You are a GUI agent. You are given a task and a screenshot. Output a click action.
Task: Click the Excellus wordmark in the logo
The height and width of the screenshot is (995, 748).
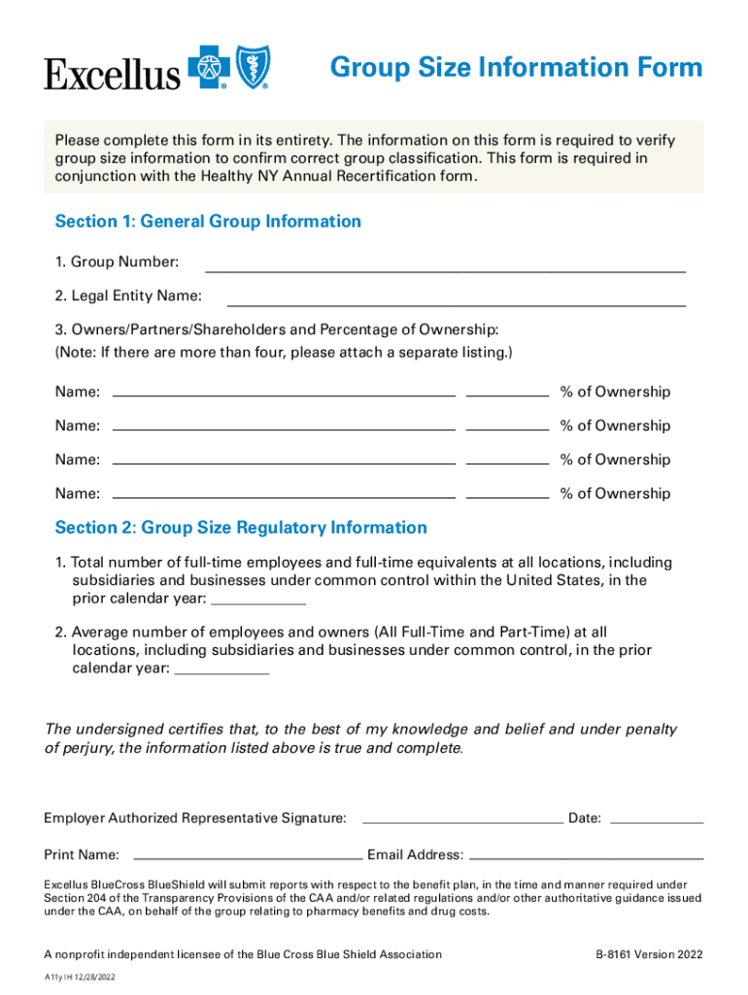112,74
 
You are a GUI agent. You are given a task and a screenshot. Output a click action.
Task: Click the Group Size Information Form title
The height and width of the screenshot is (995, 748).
516,67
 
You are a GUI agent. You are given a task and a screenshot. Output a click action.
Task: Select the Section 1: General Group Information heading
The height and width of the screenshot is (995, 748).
208,222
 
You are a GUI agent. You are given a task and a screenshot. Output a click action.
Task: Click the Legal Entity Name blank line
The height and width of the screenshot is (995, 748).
456,304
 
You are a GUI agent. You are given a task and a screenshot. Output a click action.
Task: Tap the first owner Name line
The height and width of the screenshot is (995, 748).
285,395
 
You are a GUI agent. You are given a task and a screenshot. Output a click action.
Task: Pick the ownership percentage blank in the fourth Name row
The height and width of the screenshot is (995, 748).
507,497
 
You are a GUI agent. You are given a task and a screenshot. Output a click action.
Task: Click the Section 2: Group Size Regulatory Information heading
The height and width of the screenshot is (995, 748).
241,528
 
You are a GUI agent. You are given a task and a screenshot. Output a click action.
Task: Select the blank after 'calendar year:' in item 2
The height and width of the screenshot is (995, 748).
221,672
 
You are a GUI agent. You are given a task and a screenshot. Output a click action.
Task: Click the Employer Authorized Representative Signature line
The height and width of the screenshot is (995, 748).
461,822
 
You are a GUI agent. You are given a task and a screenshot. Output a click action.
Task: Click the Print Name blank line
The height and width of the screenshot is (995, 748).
247,859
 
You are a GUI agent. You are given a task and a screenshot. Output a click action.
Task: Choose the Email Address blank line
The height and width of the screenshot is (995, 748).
586,859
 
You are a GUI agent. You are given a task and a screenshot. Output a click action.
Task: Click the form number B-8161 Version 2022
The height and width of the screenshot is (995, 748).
649,954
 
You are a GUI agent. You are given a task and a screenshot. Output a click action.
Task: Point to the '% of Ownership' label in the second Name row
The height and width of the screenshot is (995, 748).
615,426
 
